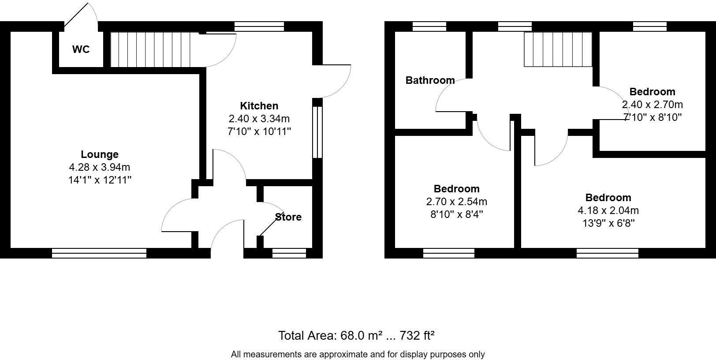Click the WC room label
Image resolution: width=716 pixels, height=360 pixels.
point(81,49)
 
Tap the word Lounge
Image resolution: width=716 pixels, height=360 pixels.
point(100,154)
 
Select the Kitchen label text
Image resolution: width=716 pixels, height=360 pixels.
point(259,106)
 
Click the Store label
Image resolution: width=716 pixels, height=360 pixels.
point(288,217)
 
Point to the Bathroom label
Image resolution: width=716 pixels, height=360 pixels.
point(430,80)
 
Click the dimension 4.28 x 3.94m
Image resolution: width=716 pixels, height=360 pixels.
point(100,167)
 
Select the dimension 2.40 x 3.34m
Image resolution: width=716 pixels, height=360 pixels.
point(259,119)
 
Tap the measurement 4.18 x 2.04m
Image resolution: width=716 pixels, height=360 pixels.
point(608,210)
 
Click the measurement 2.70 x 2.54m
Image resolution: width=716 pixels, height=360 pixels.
point(456,202)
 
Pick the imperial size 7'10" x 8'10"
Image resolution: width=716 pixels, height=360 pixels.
point(652,117)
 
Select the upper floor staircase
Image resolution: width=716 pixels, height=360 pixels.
point(557,49)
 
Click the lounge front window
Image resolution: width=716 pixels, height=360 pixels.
point(99,253)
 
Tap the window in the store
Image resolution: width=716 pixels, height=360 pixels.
point(289,253)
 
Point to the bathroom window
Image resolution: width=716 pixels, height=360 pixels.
point(429,26)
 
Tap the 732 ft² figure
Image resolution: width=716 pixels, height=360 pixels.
point(417,336)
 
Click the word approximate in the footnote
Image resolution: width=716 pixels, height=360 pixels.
point(343,354)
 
